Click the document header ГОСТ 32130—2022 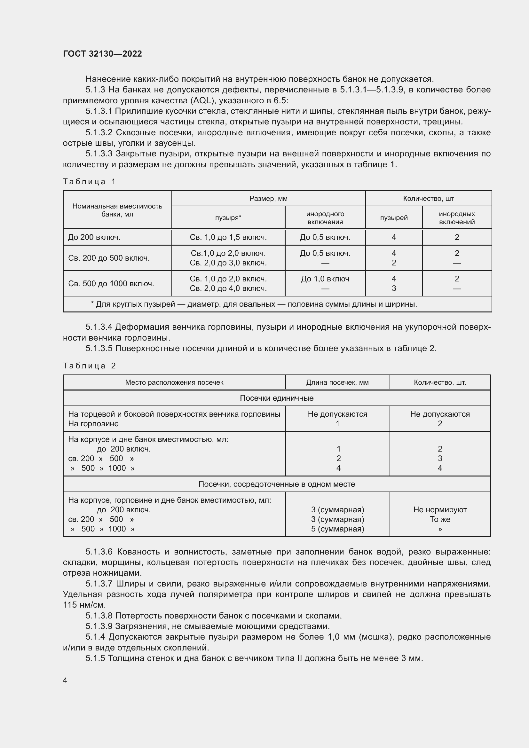pyautogui.click(x=102, y=54)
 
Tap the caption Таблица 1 pyautogui.click(x=89, y=181)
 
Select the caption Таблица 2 pyautogui.click(x=89, y=366)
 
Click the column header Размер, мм pyautogui.click(x=268, y=198)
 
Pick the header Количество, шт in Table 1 pyautogui.click(x=428, y=198)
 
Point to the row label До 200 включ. pyautogui.click(x=94, y=237)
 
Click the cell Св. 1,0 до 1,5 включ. pyautogui.click(x=228, y=237)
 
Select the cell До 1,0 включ pyautogui.click(x=325, y=279)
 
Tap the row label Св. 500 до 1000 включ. pyautogui.click(x=111, y=283)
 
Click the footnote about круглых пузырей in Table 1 pyautogui.click(x=254, y=304)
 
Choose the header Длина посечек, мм pyautogui.click(x=337, y=382)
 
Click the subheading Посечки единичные pyautogui.click(x=277, y=398)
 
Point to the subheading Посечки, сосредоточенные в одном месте pyautogui.click(x=277, y=484)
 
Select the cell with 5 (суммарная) pyautogui.click(x=337, y=529)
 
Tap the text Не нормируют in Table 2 pyautogui.click(x=440, y=509)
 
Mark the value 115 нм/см pyautogui.click(x=84, y=605)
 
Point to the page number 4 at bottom pyautogui.click(x=65, y=680)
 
